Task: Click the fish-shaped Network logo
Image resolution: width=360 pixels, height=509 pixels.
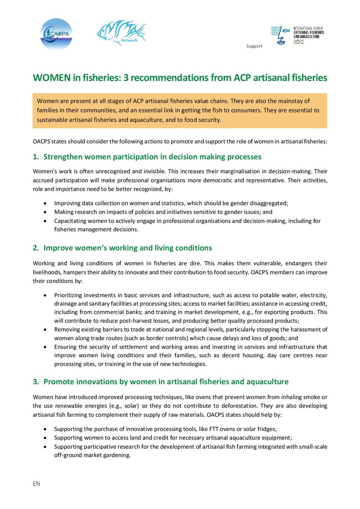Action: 121,33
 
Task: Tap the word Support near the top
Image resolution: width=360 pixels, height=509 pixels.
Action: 254,46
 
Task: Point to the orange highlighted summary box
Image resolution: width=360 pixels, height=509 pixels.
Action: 180,111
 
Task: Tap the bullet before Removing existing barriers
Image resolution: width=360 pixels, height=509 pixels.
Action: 45,329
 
